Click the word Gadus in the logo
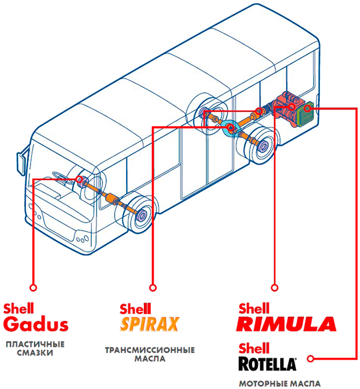(36, 324)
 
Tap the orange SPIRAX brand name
(149, 324)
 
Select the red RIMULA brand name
(286, 324)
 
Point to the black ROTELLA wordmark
(267, 364)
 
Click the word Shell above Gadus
(19, 309)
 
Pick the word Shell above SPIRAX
(135, 309)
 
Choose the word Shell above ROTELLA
(254, 348)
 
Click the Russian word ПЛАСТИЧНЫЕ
(35, 345)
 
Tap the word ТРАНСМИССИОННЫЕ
(150, 351)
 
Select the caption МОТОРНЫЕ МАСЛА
(280, 384)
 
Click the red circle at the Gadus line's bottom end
(33, 288)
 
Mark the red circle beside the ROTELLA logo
(310, 359)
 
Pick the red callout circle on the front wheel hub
(79, 179)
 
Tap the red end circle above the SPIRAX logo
(153, 288)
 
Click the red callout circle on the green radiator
(307, 109)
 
